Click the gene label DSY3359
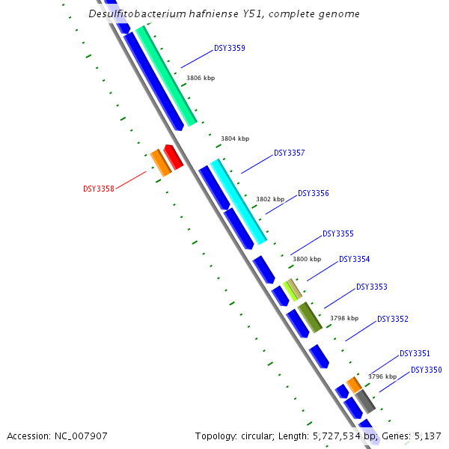(230, 48)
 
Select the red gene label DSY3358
(98, 189)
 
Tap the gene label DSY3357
(289, 153)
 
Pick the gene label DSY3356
(314, 193)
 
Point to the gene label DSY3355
(337, 233)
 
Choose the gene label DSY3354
(354, 259)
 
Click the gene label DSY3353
(371, 287)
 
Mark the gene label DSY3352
(393, 319)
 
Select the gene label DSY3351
(415, 353)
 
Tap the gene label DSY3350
(426, 370)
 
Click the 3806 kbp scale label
(200, 78)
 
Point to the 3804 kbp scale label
(235, 138)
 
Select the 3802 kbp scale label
(270, 199)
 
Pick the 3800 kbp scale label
(306, 259)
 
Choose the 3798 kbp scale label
(344, 318)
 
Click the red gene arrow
(174, 156)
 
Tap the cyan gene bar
(239, 201)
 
